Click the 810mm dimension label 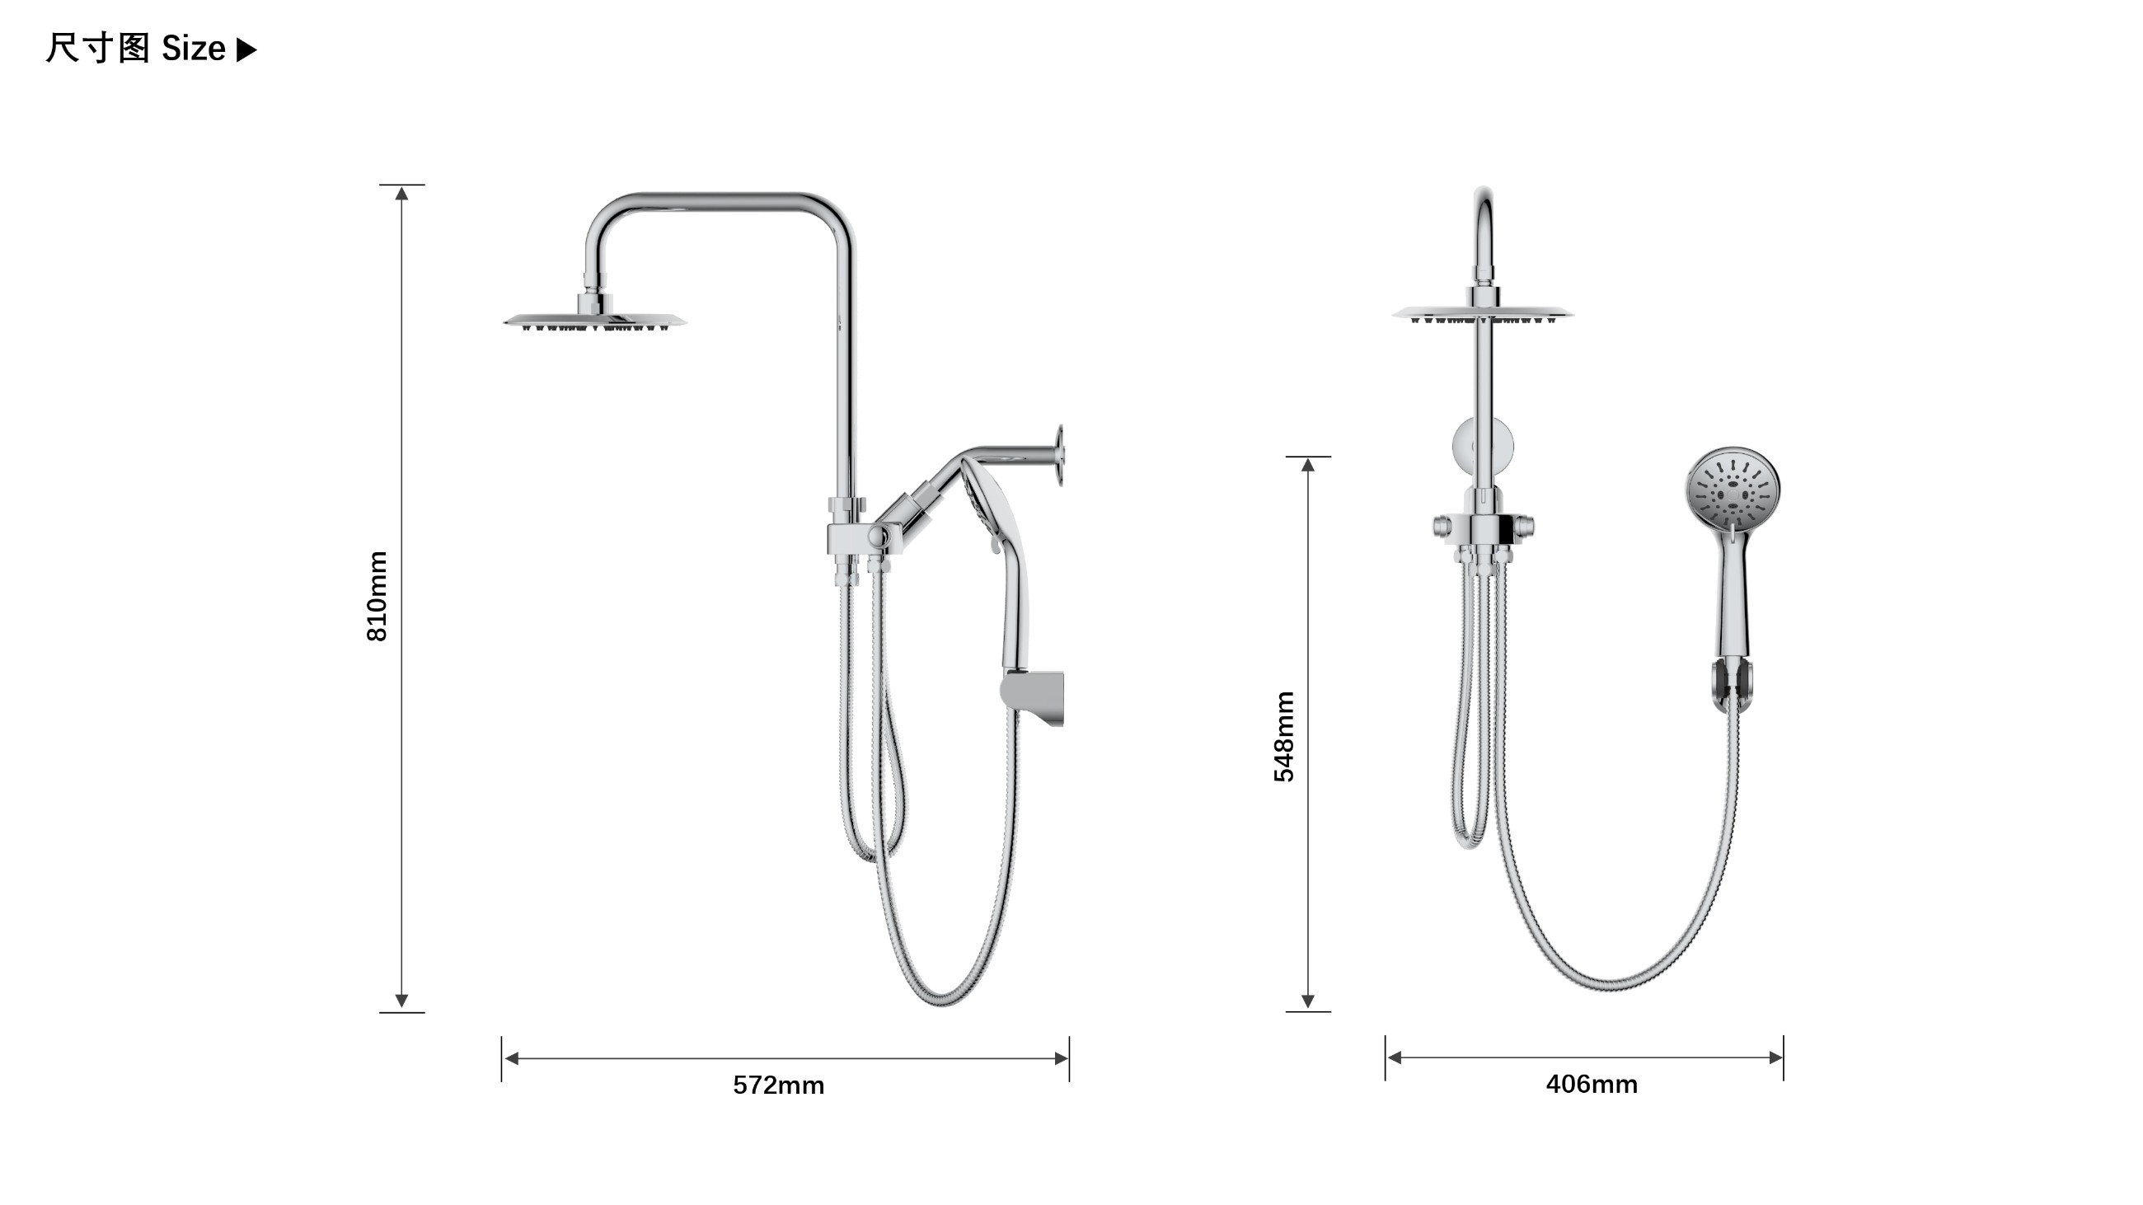pyautogui.click(x=377, y=596)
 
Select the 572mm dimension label pyautogui.click(x=779, y=1085)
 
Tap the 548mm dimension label pyautogui.click(x=1283, y=737)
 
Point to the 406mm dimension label pyautogui.click(x=1592, y=1085)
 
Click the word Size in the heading pyautogui.click(x=193, y=49)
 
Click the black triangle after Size pyautogui.click(x=247, y=50)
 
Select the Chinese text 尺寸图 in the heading pyautogui.click(x=97, y=49)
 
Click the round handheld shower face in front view pyautogui.click(x=1733, y=489)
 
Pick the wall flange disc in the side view pyautogui.click(x=1060, y=455)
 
